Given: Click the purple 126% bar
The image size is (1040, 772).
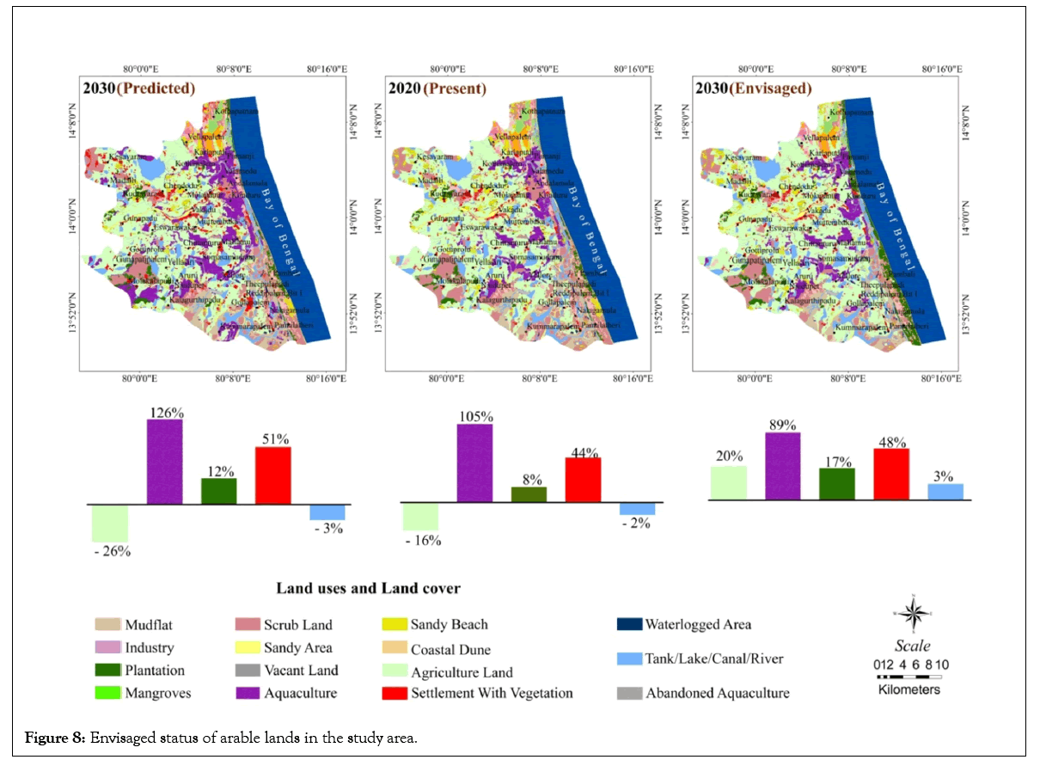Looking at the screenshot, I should click(164, 461).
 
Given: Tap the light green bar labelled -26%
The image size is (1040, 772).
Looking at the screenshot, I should click(110, 523).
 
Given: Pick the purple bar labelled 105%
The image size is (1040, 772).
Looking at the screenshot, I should click(474, 463).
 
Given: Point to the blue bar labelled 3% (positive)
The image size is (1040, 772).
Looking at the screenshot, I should click(945, 491).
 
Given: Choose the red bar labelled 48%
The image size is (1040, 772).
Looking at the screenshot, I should click(890, 474).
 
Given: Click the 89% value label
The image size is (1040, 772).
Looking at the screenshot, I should click(782, 425).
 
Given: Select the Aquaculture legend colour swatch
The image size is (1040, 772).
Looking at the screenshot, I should click(248, 693).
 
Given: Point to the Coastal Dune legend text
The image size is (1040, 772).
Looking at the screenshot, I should click(450, 650).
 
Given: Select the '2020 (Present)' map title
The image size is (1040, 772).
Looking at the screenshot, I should click(437, 88).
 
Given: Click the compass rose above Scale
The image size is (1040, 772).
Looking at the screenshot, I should click(914, 613).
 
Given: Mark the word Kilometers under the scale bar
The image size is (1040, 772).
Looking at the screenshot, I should click(909, 689).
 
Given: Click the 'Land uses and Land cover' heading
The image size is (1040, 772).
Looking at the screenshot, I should click(368, 589).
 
